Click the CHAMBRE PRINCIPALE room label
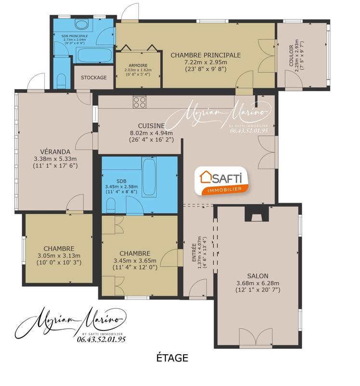point(205,55)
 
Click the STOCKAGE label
point(93,78)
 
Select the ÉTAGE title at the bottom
point(172,358)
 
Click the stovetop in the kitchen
point(140,102)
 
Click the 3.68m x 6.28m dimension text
point(258,283)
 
